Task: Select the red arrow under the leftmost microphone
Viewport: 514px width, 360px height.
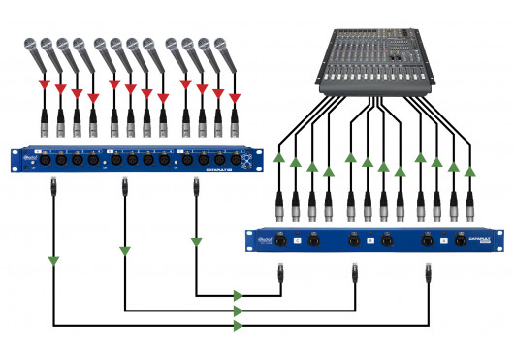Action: pos(43,88)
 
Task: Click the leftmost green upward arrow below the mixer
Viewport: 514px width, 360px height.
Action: pos(279,157)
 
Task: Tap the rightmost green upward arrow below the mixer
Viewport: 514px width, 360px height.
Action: pos(470,171)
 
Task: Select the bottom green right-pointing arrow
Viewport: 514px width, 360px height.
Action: pos(238,326)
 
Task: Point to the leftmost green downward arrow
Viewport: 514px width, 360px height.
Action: pos(53,260)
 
